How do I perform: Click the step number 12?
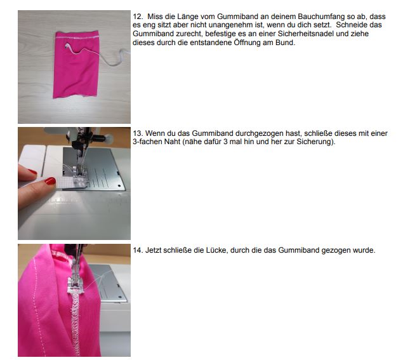click(138, 17)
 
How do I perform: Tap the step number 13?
click(138, 133)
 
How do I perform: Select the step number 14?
click(138, 250)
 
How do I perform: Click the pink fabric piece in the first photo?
click(76, 64)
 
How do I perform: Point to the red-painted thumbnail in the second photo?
click(50, 181)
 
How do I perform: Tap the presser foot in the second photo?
click(80, 176)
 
